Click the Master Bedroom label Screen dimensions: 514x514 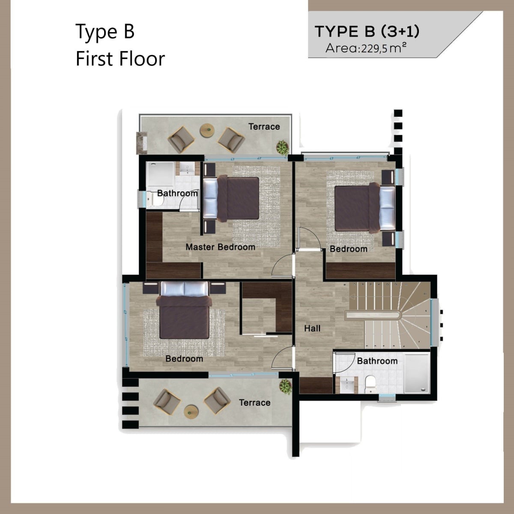(x=220, y=247)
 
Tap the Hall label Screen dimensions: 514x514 (x=312, y=329)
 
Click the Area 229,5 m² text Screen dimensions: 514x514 (x=366, y=48)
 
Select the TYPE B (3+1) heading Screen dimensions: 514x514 (x=367, y=31)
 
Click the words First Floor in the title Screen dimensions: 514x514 (x=120, y=59)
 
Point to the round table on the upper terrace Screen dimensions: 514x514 (x=207, y=131)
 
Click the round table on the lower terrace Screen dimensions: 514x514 (x=191, y=412)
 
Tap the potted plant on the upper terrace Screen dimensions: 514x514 (x=282, y=147)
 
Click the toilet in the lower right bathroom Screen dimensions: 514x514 (x=370, y=384)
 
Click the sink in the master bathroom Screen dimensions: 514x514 (x=187, y=169)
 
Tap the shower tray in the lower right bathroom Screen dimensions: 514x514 (x=417, y=373)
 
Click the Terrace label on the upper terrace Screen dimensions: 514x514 (x=264, y=127)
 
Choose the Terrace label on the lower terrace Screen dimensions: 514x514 (x=254, y=403)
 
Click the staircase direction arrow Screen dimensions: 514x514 (x=374, y=296)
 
